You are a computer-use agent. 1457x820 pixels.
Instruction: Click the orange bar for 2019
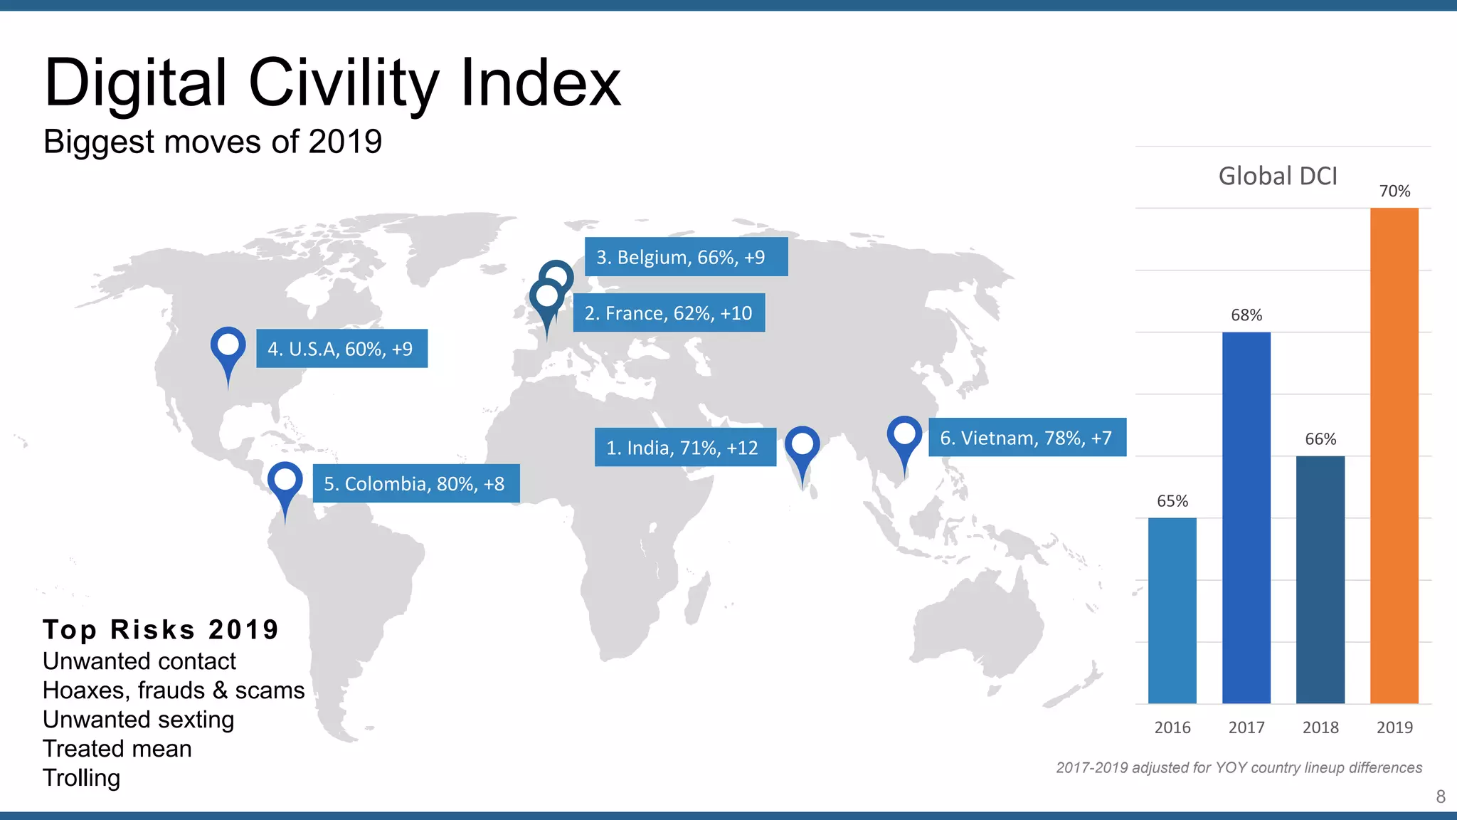pyautogui.click(x=1394, y=456)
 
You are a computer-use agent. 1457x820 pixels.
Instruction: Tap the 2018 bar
pyautogui.click(x=1320, y=579)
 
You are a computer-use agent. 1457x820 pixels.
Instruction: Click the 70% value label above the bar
pyautogui.click(x=1394, y=191)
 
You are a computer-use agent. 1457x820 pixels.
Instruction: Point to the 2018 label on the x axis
pyautogui.click(x=1320, y=727)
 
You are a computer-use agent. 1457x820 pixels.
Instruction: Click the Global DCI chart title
pyautogui.click(x=1278, y=176)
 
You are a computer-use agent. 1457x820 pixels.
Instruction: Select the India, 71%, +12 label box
pyautogui.click(x=684, y=447)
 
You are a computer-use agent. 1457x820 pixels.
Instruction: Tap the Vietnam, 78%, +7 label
pyautogui.click(x=1027, y=437)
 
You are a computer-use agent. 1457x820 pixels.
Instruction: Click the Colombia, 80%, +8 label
pyautogui.click(x=415, y=483)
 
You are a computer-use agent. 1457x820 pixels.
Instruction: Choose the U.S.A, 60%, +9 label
pyautogui.click(x=341, y=348)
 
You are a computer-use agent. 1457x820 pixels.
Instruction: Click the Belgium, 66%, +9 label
pyautogui.click(x=686, y=256)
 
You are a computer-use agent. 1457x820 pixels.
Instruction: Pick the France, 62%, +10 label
pyautogui.click(x=669, y=312)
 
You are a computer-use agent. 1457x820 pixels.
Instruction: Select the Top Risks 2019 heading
pyautogui.click(x=161, y=629)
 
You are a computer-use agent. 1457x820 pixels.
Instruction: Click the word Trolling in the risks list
pyautogui.click(x=81, y=778)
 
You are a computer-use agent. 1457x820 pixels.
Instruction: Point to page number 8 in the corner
pyautogui.click(x=1441, y=797)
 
